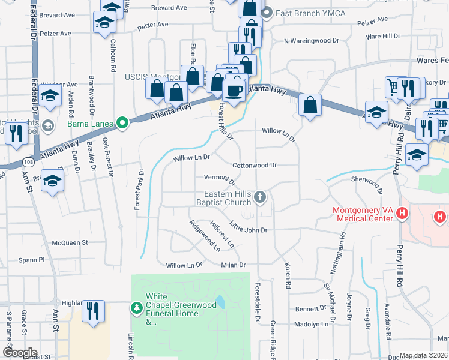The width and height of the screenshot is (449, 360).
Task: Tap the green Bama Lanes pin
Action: [x=123, y=124]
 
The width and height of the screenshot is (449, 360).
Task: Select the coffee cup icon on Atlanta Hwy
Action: [x=234, y=91]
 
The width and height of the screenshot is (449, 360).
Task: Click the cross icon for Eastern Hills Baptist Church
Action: [x=260, y=197]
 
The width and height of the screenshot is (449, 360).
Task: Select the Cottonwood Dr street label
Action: [x=254, y=165]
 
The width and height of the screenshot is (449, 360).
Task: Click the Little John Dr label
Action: [x=248, y=229]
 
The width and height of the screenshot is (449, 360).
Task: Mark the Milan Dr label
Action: [x=234, y=265]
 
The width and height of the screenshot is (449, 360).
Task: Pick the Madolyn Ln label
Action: [x=312, y=324]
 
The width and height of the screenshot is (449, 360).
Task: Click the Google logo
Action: [x=19, y=353]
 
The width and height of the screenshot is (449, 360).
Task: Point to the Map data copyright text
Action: [x=424, y=355]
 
